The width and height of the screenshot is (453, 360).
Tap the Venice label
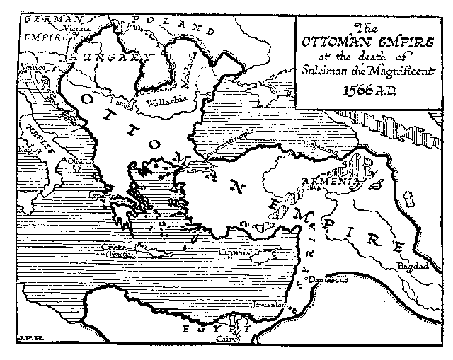(x=33, y=68)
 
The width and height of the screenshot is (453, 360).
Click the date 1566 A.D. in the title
(x=369, y=91)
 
